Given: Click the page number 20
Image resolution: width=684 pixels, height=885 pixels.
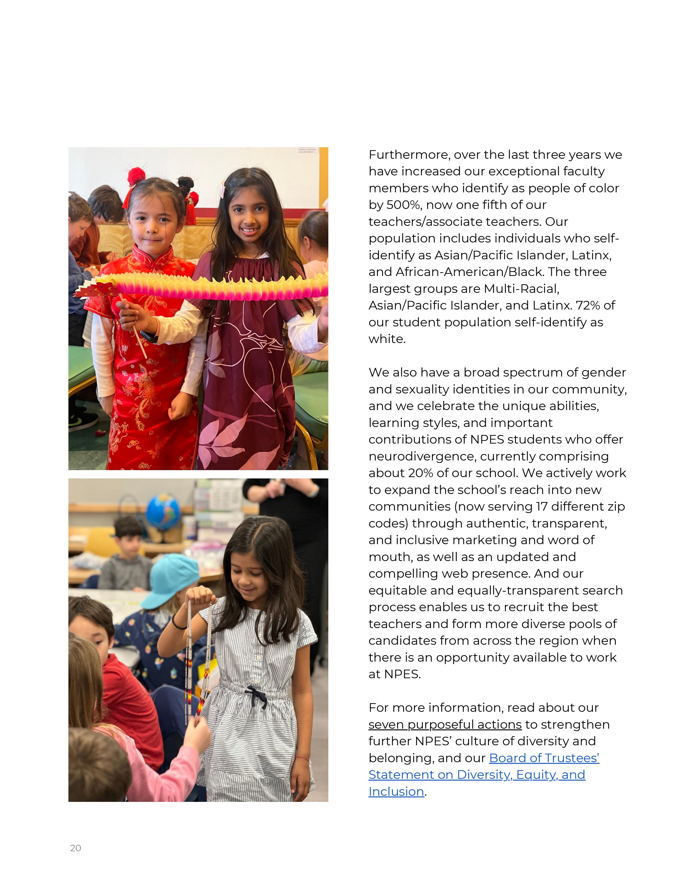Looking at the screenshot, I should (x=75, y=848).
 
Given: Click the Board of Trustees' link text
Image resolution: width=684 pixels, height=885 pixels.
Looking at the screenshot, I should (x=544, y=758).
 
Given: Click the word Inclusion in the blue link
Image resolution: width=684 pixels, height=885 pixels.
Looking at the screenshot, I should (x=396, y=791).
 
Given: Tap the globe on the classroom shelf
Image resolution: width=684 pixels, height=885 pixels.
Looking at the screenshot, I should (x=163, y=512).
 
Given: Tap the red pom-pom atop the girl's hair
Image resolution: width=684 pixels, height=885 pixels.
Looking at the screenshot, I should (x=137, y=176).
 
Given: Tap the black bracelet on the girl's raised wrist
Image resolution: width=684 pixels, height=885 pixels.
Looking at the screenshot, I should (x=175, y=622).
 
